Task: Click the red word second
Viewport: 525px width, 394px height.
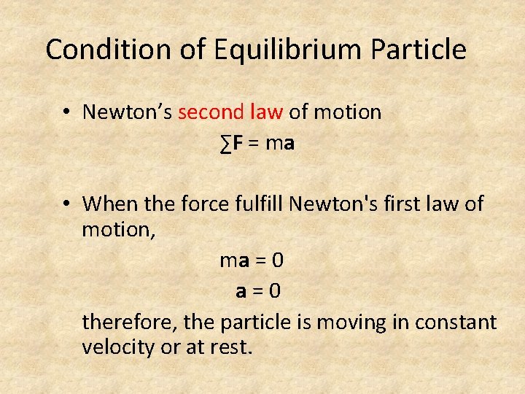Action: [211, 112]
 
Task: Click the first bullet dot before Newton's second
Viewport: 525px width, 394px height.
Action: [66, 112]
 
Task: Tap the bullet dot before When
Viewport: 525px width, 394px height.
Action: [66, 204]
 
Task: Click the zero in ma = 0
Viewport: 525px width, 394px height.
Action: [278, 260]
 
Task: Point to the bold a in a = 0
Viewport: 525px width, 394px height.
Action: [241, 291]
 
